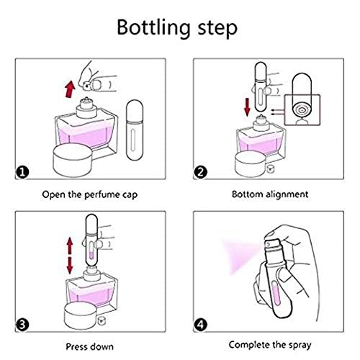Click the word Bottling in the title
point(153,28)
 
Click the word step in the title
point(217,29)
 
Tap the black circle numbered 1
point(22,172)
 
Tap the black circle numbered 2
point(200,172)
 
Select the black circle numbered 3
point(22,325)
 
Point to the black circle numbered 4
point(200,325)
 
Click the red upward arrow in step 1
point(70,89)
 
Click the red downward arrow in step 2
point(247,107)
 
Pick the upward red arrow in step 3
point(70,246)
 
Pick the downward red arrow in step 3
point(70,266)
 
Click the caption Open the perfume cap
point(90,194)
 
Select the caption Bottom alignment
point(270,194)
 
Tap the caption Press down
point(90,347)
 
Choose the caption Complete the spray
point(270,345)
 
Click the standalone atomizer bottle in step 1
point(135,130)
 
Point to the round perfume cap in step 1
point(72,160)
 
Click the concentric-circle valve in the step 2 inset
point(302,110)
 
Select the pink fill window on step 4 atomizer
point(276,293)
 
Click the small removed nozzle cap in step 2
point(271,168)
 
